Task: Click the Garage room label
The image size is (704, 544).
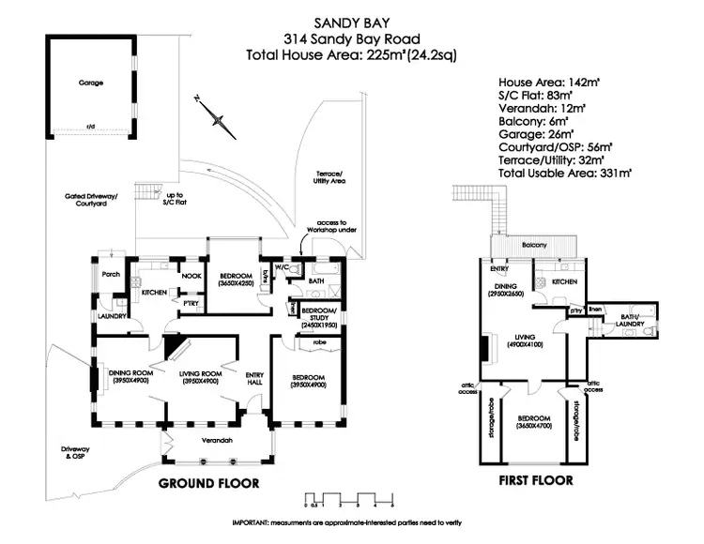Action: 91,83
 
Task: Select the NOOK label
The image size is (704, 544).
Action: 191,275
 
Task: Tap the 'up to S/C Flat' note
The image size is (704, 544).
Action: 174,200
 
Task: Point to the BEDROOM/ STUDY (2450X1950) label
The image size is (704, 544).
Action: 318,317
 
